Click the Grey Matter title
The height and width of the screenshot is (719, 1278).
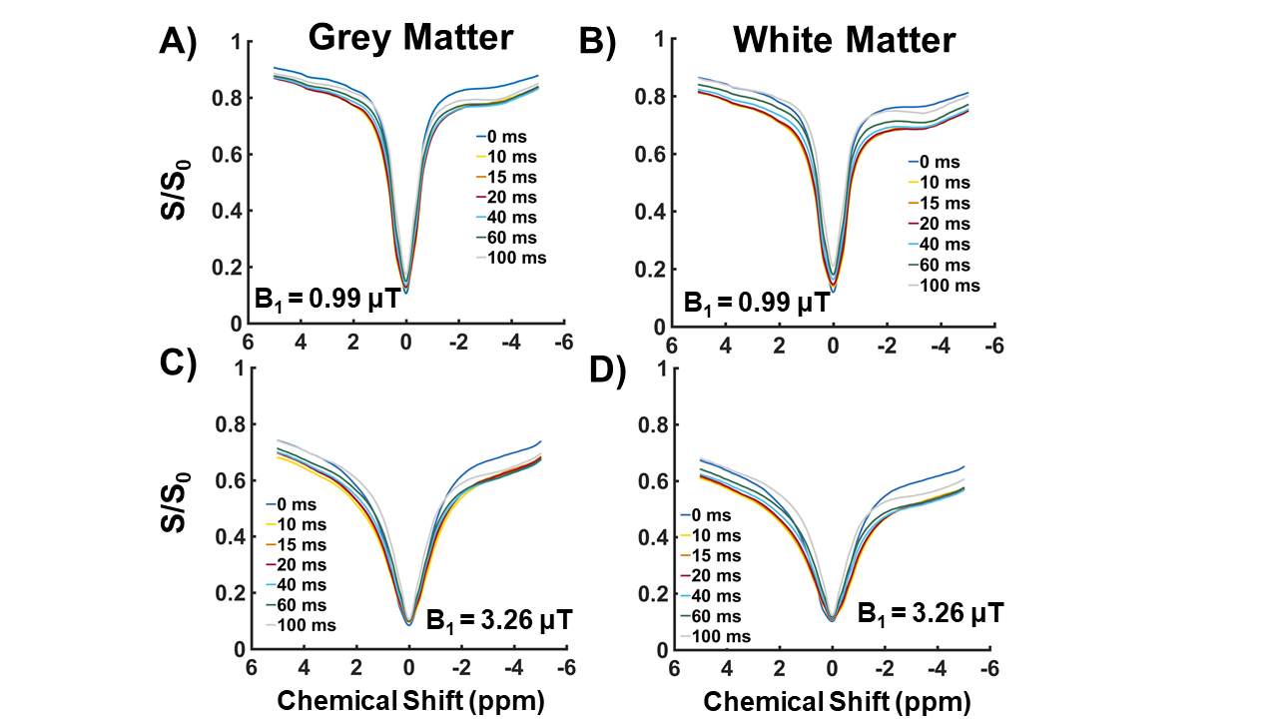pyautogui.click(x=410, y=37)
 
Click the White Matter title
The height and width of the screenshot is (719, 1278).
pyautogui.click(x=845, y=40)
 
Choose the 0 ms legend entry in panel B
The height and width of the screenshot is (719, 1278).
pyautogui.click(x=942, y=161)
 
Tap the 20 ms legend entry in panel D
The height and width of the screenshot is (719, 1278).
pyautogui.click(x=716, y=575)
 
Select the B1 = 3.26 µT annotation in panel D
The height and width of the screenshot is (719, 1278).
pyautogui.click(x=931, y=611)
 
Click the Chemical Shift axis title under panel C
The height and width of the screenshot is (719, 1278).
pyautogui.click(x=410, y=701)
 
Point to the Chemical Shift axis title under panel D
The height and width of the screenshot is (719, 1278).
pyautogui.click(x=837, y=701)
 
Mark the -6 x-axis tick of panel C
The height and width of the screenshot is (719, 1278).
pyautogui.click(x=564, y=666)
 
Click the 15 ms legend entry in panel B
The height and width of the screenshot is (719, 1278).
pyautogui.click(x=942, y=203)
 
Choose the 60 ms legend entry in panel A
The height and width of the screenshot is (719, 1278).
pyautogui.click(x=512, y=238)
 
